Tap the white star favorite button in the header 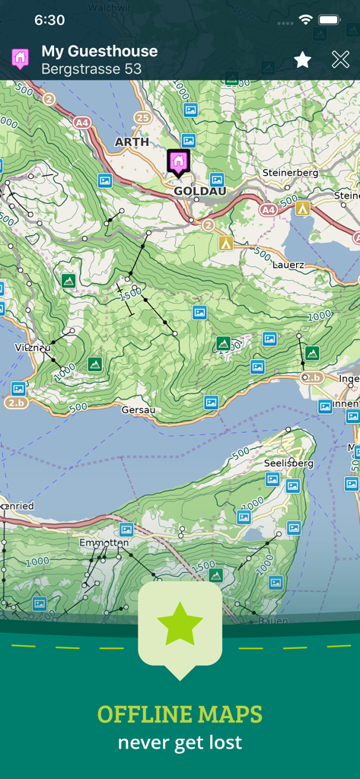click(x=302, y=59)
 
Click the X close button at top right click(x=340, y=59)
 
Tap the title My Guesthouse click(x=99, y=51)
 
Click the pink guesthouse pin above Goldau click(x=177, y=161)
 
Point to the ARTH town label click(x=132, y=142)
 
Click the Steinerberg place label click(x=290, y=173)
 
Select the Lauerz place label click(x=288, y=264)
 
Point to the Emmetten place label click(x=104, y=543)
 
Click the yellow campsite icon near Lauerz click(x=225, y=243)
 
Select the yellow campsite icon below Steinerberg click(x=303, y=208)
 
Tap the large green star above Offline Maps click(x=180, y=624)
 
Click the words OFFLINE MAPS click(x=180, y=714)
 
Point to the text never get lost click(x=180, y=742)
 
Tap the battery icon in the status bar click(x=330, y=20)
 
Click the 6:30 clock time click(x=49, y=20)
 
